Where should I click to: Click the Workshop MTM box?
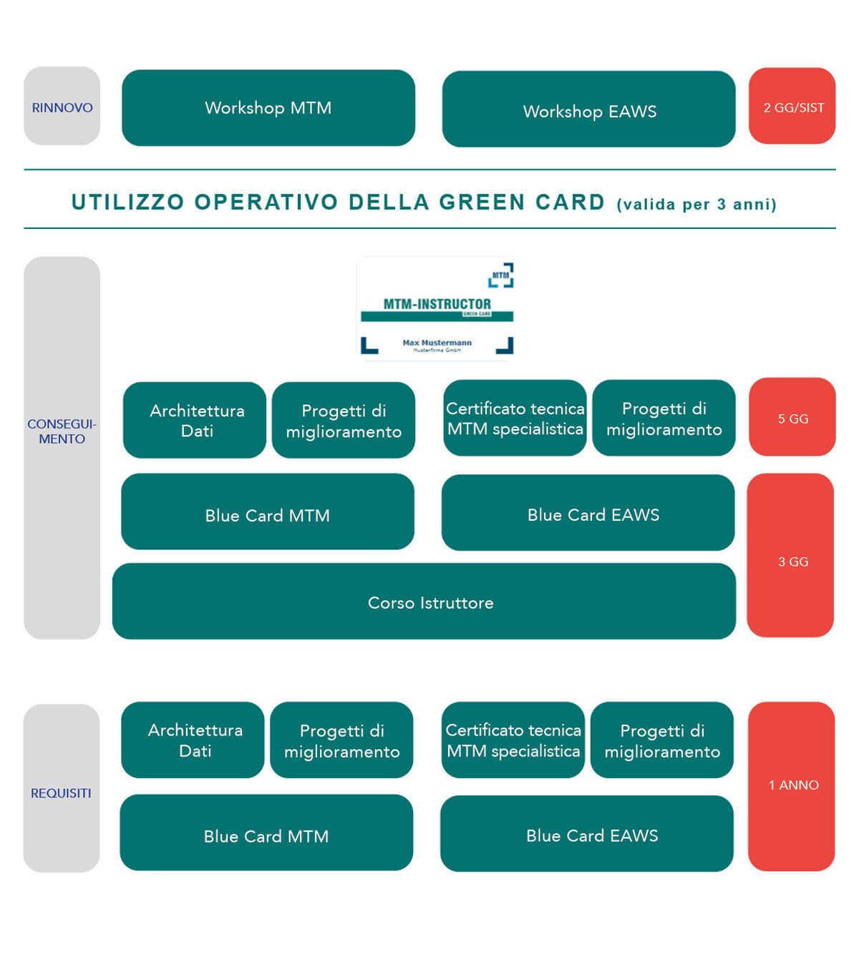click(268, 108)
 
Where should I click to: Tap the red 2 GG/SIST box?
click(792, 107)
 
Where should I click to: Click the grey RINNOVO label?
click(62, 107)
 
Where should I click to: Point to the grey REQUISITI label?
click(62, 792)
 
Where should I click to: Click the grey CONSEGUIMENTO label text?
click(62, 431)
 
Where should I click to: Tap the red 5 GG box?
click(792, 418)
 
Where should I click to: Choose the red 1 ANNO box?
click(792, 785)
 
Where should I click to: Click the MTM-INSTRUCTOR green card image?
click(436, 309)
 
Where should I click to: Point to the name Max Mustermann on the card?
click(437, 343)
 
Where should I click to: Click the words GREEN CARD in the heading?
click(523, 202)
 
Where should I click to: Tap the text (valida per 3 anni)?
click(697, 205)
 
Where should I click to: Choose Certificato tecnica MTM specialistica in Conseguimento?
click(515, 418)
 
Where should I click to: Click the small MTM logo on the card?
click(501, 275)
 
